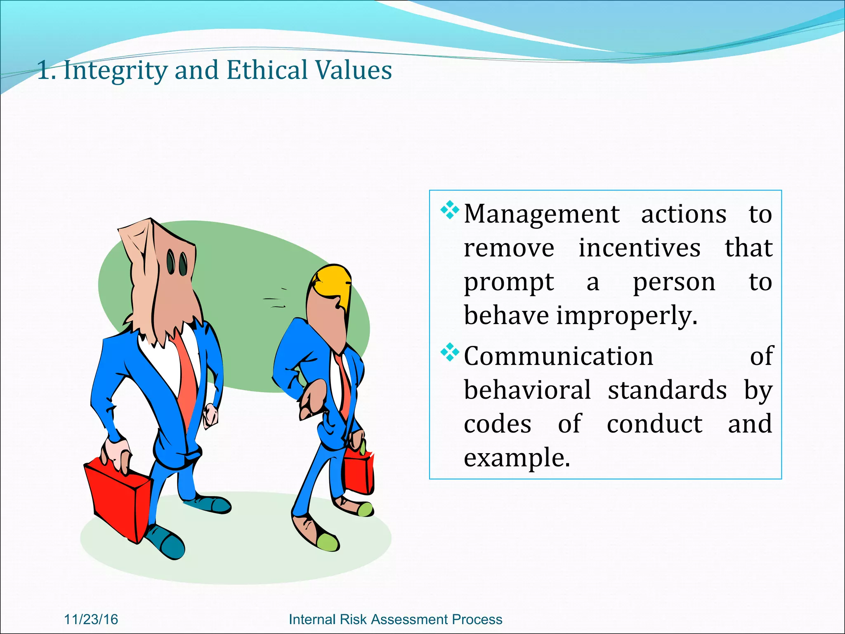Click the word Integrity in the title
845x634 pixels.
click(x=115, y=70)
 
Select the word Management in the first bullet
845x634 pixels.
click(x=541, y=215)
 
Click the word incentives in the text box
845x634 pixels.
click(x=639, y=248)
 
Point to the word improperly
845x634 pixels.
click(x=627, y=316)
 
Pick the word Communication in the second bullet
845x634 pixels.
click(x=558, y=356)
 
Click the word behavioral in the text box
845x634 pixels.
click(x=527, y=390)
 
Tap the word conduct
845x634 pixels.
click(x=654, y=424)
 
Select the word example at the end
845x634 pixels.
click(x=517, y=458)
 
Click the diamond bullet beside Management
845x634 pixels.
click(x=450, y=211)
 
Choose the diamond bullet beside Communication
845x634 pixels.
click(x=450, y=352)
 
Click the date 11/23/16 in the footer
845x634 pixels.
click(x=91, y=619)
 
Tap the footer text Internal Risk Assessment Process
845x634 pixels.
click(x=395, y=619)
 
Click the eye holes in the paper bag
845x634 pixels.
click(x=177, y=263)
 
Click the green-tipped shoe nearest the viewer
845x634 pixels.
click(x=328, y=541)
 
